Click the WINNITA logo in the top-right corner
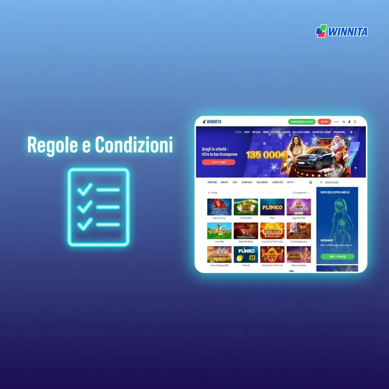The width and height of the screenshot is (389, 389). [x=342, y=31]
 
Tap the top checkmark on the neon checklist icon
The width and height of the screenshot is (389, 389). [x=85, y=189]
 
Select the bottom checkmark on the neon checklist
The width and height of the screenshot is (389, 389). [x=85, y=224]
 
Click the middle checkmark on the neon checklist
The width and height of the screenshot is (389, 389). [x=85, y=207]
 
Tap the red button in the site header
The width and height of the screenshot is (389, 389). [x=324, y=122]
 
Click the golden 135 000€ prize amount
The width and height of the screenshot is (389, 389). [x=267, y=155]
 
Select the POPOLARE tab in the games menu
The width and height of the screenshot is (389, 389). [x=212, y=182]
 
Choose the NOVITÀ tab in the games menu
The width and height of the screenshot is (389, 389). [x=225, y=182]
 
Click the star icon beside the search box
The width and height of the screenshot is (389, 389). [x=311, y=182]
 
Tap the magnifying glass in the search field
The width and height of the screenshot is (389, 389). [x=321, y=182]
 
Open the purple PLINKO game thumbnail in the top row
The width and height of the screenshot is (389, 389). [x=272, y=207]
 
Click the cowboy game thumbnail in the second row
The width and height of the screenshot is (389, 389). [x=246, y=231]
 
